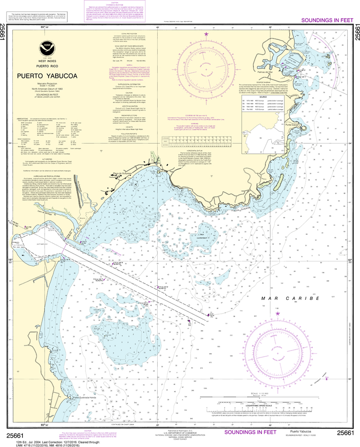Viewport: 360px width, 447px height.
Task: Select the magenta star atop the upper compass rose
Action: [x=207, y=34]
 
